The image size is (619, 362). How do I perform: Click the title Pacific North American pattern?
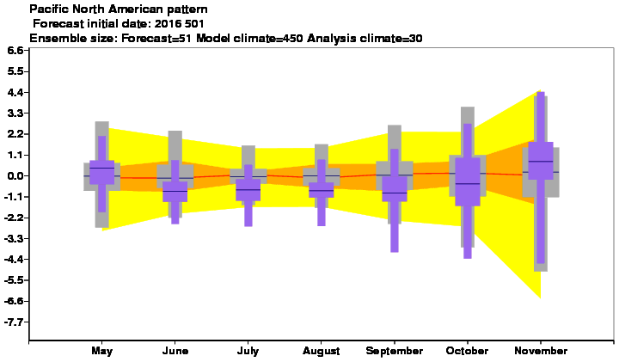tap(119, 9)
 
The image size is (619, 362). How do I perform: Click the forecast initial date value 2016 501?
tap(179, 24)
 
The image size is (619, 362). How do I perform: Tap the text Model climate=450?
tap(249, 39)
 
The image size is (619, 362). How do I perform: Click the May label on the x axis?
tap(101, 351)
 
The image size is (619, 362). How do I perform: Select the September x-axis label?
tap(395, 351)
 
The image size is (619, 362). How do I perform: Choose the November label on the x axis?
tap(541, 351)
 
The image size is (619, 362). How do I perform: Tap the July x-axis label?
tap(248, 351)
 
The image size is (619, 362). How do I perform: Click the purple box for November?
tap(541, 161)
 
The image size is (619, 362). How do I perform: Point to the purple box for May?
tap(101, 172)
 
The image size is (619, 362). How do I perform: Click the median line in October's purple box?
tap(468, 183)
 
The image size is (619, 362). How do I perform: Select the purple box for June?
tap(175, 192)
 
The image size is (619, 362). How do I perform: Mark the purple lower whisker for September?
tap(395, 227)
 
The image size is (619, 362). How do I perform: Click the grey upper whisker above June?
tap(175, 145)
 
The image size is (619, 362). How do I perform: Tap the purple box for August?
tap(322, 190)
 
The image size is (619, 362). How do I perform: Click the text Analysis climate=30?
tap(365, 39)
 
